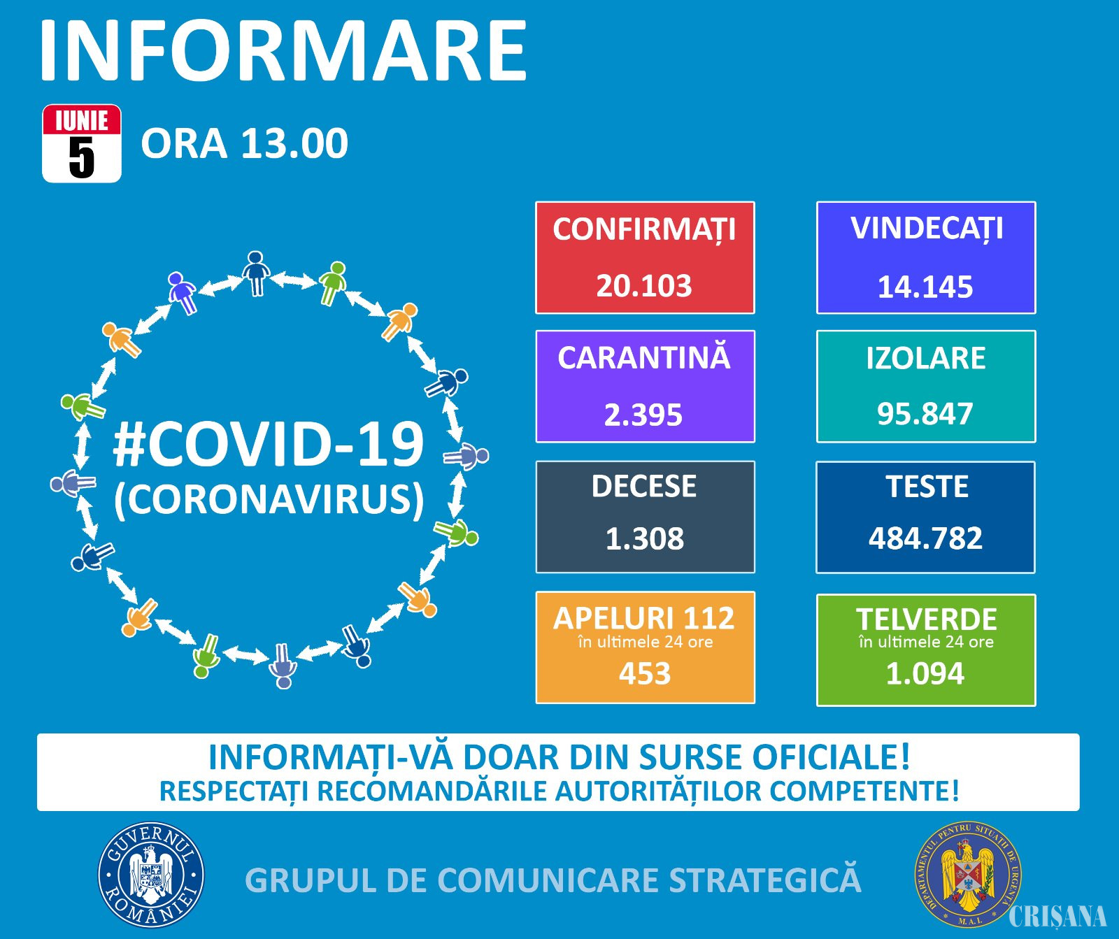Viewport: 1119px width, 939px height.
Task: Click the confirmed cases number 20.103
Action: [643, 286]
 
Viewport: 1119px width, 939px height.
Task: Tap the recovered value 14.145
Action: [925, 287]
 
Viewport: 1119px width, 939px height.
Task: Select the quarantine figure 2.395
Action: [643, 415]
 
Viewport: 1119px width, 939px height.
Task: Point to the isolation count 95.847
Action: [925, 414]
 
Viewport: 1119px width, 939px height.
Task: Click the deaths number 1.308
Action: [644, 539]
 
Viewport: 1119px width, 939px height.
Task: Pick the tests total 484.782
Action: [925, 538]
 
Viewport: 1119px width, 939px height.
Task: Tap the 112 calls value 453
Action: [645, 674]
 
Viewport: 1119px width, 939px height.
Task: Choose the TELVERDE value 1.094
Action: [925, 674]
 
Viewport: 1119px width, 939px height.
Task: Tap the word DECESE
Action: [644, 487]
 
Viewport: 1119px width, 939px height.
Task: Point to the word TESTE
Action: [927, 487]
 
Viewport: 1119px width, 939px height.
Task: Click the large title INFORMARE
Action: [283, 50]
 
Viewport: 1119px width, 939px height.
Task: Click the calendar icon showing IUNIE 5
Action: [82, 143]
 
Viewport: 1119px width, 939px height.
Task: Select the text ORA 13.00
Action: [244, 143]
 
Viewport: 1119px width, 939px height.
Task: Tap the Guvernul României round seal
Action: [151, 875]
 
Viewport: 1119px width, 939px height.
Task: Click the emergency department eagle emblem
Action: [968, 875]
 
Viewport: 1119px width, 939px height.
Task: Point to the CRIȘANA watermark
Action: [1058, 916]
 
